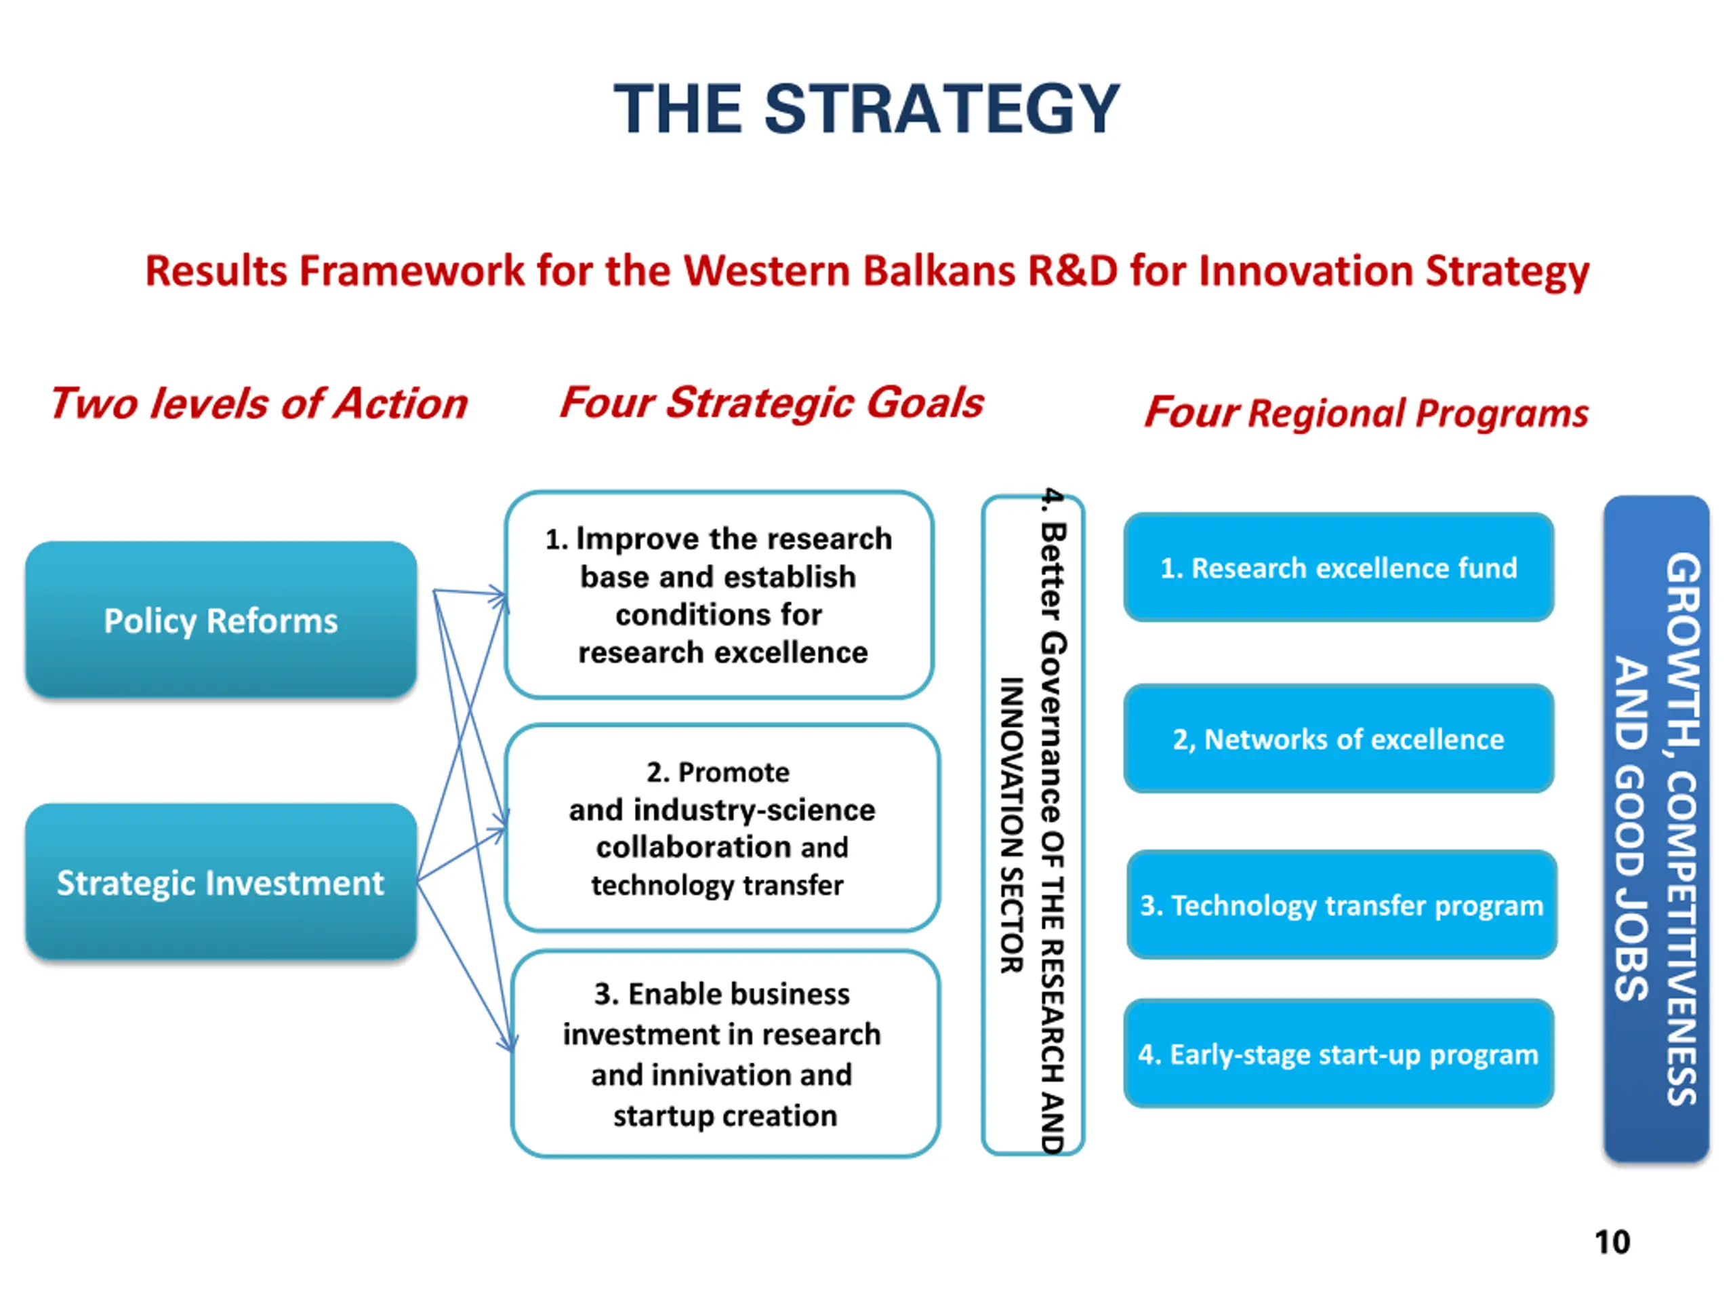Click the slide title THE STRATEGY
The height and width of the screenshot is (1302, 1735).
pos(867,108)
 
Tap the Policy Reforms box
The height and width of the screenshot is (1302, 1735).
pos(221,619)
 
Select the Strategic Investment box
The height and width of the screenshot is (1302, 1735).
pos(221,882)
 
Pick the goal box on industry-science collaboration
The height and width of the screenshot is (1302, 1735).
pos(722,828)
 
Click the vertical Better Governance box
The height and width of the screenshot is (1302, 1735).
pos(1033,825)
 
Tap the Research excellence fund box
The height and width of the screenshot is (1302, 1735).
pos(1339,568)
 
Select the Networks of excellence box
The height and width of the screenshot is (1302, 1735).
pos(1339,738)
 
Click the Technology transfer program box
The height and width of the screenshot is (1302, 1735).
pos(1342,905)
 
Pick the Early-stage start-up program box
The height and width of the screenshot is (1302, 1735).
pos(1339,1053)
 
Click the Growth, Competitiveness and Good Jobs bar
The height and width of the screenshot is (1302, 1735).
pos(1656,829)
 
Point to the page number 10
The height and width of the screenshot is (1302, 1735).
pos(1612,1242)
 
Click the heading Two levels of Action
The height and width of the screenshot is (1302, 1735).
pos(259,403)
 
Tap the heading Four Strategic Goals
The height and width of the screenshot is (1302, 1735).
pos(772,403)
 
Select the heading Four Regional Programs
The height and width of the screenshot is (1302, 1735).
pos(1366,413)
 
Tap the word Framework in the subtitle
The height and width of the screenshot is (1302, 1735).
pos(412,271)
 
